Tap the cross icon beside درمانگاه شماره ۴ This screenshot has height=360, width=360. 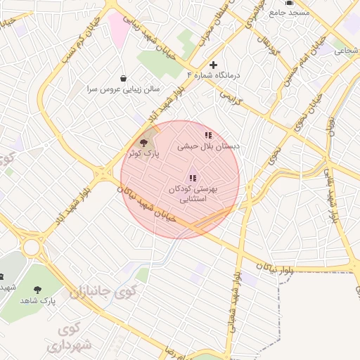click(x=214, y=65)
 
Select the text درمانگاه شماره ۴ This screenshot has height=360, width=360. click(x=217, y=75)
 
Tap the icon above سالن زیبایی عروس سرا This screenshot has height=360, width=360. click(x=124, y=78)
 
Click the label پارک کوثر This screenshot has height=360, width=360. click(x=143, y=152)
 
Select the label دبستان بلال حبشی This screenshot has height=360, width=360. click(x=208, y=146)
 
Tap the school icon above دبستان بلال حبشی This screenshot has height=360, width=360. click(x=208, y=135)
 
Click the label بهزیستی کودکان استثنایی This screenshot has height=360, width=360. click(x=193, y=194)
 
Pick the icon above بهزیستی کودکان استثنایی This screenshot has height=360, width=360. click(x=193, y=178)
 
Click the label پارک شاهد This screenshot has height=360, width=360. click(x=38, y=300)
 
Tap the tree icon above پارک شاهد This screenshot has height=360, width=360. click(x=38, y=289)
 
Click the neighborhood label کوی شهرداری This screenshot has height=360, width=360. click(x=70, y=337)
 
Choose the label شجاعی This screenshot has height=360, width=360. click(x=345, y=50)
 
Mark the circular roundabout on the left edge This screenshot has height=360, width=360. click(x=32, y=247)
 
